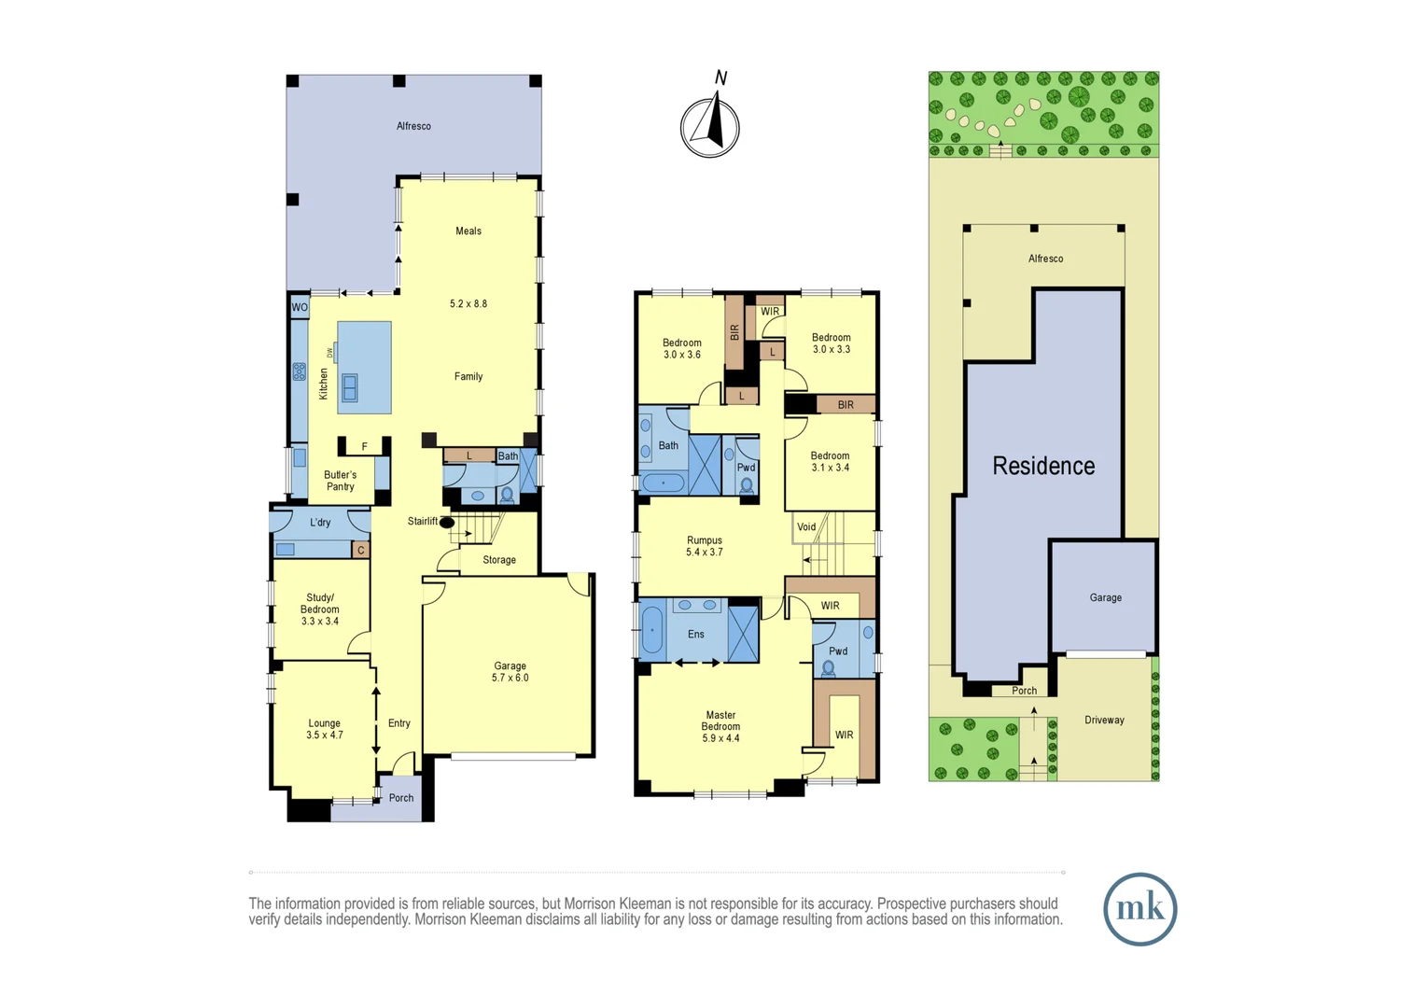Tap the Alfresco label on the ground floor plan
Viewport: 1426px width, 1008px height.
point(413,126)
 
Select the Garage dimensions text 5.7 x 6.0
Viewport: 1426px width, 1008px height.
point(510,679)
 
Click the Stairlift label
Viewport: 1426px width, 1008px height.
point(422,521)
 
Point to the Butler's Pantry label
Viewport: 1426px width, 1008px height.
point(340,481)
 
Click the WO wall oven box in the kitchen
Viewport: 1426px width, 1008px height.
point(300,307)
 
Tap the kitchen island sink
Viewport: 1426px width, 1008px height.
point(350,386)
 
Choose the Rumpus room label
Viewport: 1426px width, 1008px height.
point(705,540)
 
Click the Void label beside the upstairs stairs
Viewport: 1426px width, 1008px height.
point(806,527)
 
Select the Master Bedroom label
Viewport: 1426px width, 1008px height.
point(720,721)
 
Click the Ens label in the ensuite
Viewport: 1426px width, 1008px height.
point(696,635)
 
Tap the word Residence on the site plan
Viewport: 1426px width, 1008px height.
point(1043,466)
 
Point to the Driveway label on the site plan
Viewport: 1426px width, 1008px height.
point(1104,721)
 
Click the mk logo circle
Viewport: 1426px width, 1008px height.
point(1139,909)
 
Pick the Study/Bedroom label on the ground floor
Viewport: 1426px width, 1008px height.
point(320,604)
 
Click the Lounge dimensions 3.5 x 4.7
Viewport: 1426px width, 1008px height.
point(325,735)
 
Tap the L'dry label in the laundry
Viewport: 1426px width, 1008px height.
point(320,523)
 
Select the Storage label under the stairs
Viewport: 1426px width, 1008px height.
point(499,560)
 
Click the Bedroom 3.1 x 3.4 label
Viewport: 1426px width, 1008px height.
point(830,462)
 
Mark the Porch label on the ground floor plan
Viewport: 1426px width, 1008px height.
point(401,798)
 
